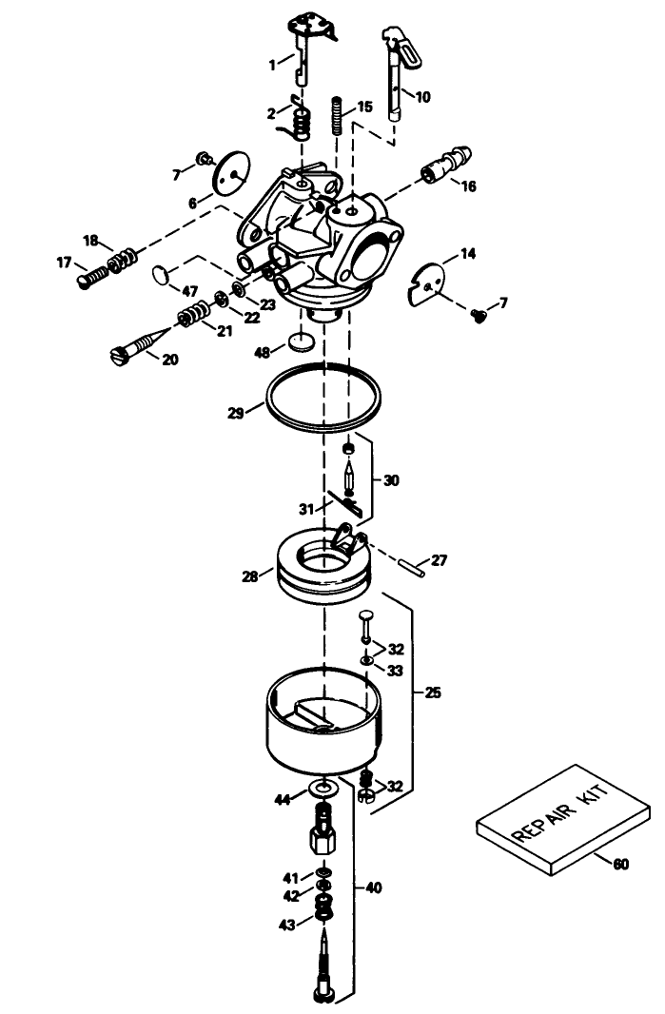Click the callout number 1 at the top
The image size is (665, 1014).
click(x=272, y=64)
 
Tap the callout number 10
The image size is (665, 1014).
click(x=422, y=96)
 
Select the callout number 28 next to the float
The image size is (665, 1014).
click(x=250, y=577)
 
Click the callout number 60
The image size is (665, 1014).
click(x=620, y=864)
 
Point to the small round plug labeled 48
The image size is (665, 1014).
click(x=303, y=341)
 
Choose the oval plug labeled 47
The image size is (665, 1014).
click(x=162, y=276)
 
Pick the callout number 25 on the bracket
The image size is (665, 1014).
click(x=433, y=692)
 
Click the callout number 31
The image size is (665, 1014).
click(x=306, y=508)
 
